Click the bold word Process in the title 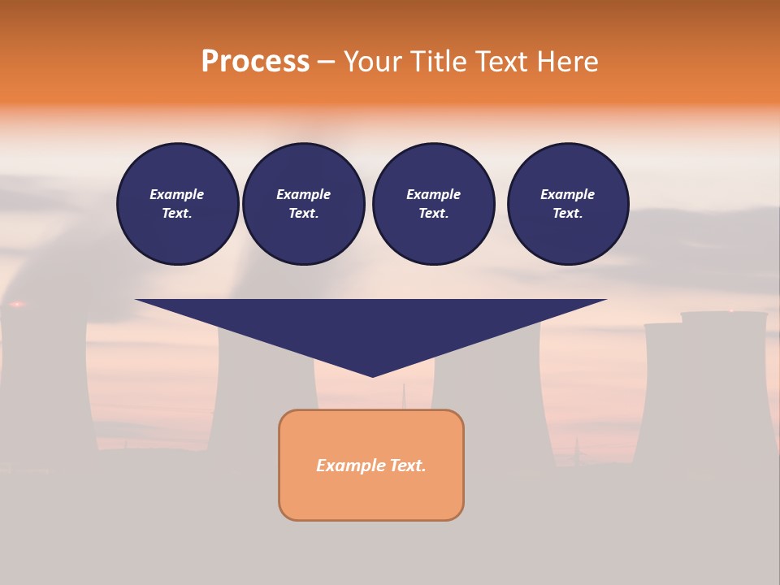pyautogui.click(x=255, y=62)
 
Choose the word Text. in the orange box pyautogui.click(x=407, y=466)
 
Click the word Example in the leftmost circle pyautogui.click(x=176, y=194)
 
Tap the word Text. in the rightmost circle pyautogui.click(x=567, y=214)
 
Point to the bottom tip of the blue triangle pyautogui.click(x=372, y=375)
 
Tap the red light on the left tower pyautogui.click(x=15, y=305)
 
